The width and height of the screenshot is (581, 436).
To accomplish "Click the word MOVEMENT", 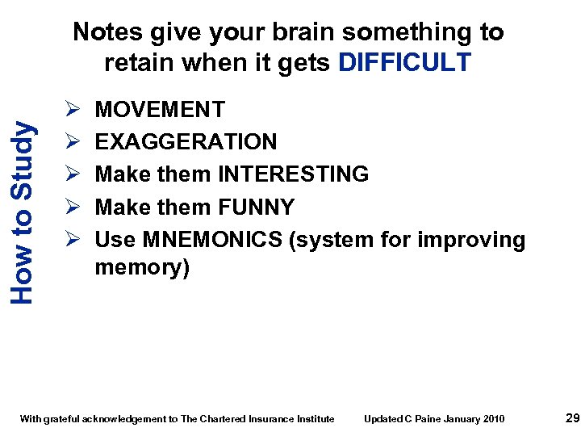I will click(x=160, y=109).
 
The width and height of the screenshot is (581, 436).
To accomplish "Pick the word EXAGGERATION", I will click(x=186, y=142).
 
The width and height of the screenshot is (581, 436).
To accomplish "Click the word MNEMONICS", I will click(x=214, y=240).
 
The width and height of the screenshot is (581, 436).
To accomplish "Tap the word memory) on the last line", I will click(x=142, y=267).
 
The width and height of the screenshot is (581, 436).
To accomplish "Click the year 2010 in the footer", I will click(x=493, y=418).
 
